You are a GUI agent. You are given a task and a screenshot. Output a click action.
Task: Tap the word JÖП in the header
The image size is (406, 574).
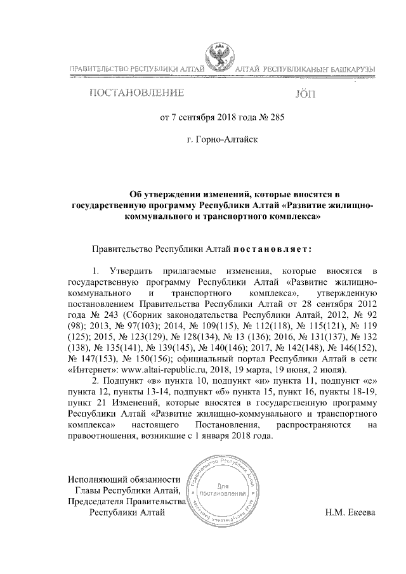tap(306, 95)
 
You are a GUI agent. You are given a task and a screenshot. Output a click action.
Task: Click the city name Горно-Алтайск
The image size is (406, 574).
tap(223, 136)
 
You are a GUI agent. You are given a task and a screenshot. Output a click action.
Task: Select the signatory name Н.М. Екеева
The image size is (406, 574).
tap(346, 513)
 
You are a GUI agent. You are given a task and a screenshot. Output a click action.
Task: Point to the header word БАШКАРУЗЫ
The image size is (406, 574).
tap(349, 68)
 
